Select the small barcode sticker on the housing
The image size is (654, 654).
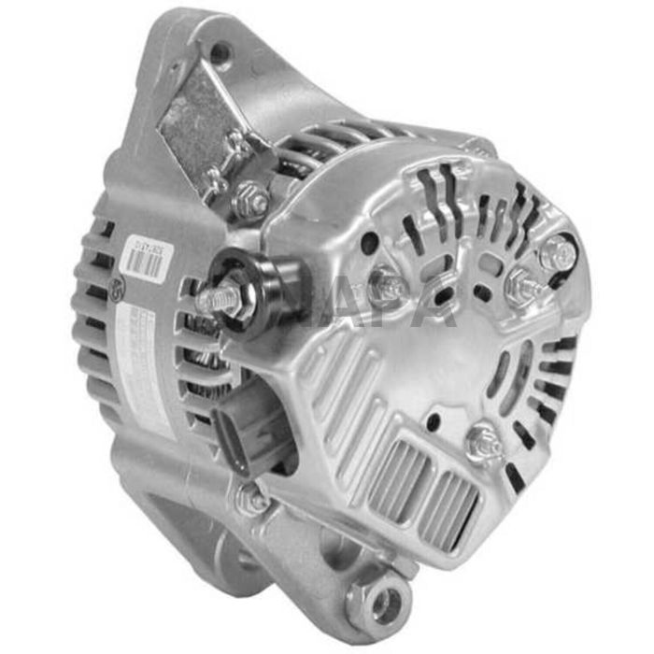point(146,258)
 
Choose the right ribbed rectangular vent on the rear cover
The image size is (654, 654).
point(449,505)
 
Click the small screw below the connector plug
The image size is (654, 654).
point(250,500)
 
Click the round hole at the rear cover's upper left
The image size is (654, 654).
point(370,243)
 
